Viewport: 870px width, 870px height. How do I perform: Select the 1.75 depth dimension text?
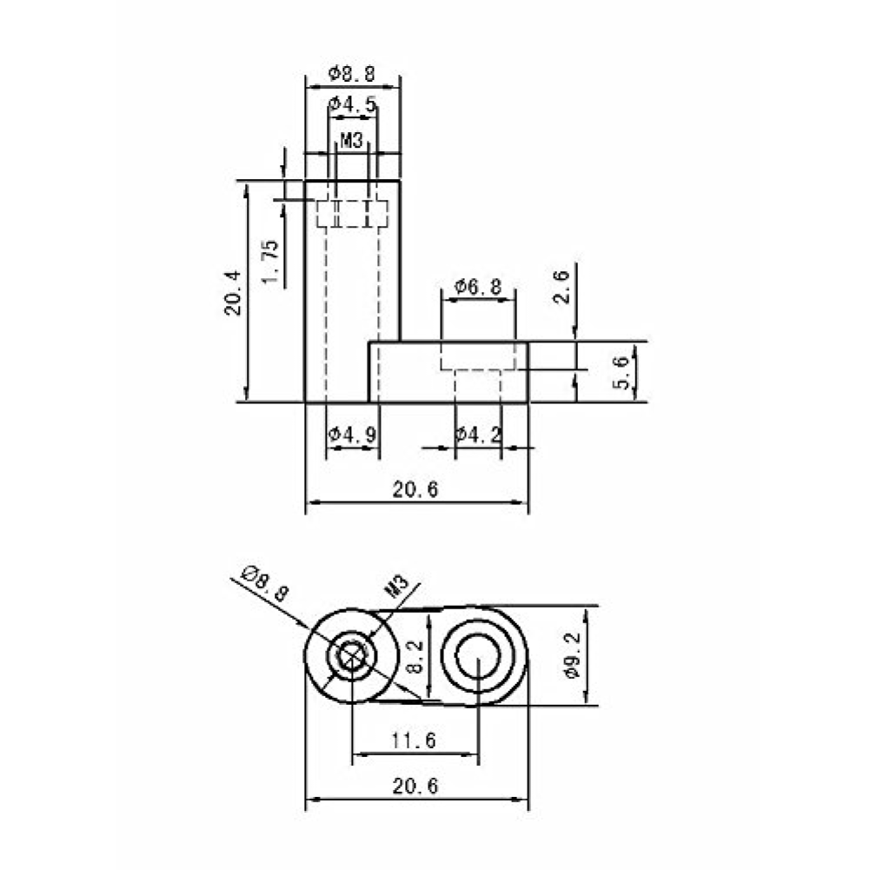click(x=270, y=261)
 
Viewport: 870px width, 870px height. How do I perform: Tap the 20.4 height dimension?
click(x=233, y=292)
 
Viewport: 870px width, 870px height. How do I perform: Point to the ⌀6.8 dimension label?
click(x=478, y=287)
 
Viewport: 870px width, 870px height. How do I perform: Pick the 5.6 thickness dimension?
click(x=621, y=372)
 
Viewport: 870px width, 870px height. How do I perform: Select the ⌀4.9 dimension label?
click(x=352, y=434)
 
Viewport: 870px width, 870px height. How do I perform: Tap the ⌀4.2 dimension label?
click(x=478, y=434)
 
